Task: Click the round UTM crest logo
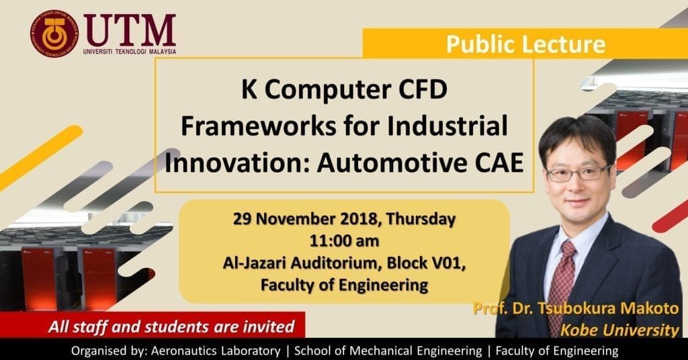coord(54,34)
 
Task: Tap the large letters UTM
coord(130,31)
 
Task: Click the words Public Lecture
coord(525,44)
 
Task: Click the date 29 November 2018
coord(305,218)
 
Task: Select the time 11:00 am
coord(345,240)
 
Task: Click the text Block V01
coord(425,263)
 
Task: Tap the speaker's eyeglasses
coord(578,173)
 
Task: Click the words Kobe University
coord(619,330)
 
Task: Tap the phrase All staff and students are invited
coord(171,326)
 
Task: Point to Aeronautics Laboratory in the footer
coord(216,351)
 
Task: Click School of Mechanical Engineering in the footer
coord(388,351)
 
